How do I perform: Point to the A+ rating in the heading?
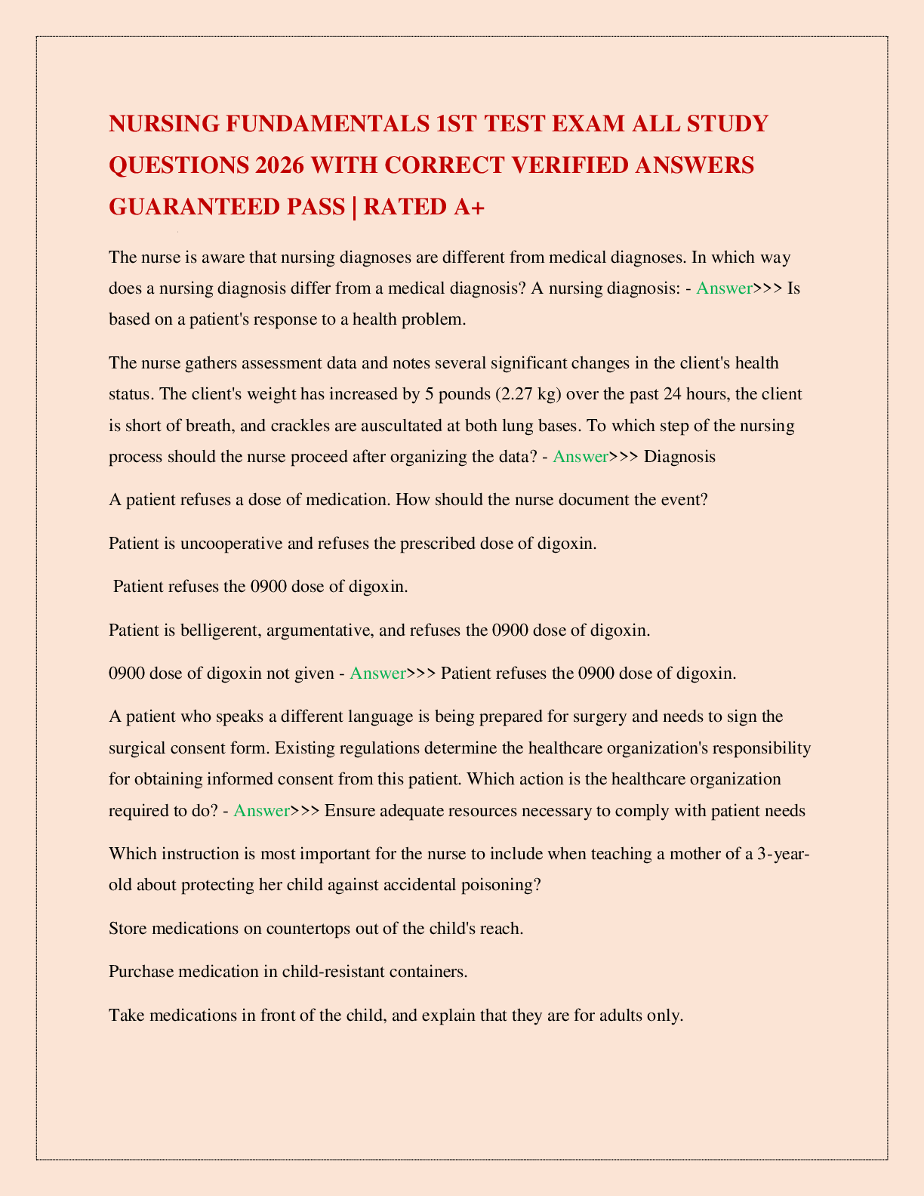[469, 206]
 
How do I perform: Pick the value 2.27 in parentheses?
[516, 394]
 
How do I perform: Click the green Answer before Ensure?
[261, 810]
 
